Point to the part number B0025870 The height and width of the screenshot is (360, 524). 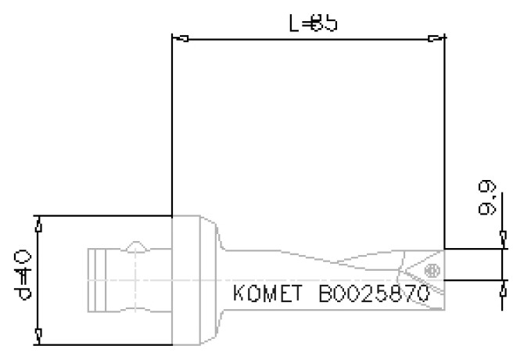tap(374, 296)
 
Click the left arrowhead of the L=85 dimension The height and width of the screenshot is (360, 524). tap(179, 37)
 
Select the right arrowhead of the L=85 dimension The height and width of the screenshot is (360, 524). tap(436, 37)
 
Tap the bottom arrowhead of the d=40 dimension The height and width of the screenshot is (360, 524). tap(39, 335)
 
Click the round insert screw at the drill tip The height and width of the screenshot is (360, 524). tap(429, 270)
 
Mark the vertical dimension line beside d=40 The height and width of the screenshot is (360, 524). tap(39, 279)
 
